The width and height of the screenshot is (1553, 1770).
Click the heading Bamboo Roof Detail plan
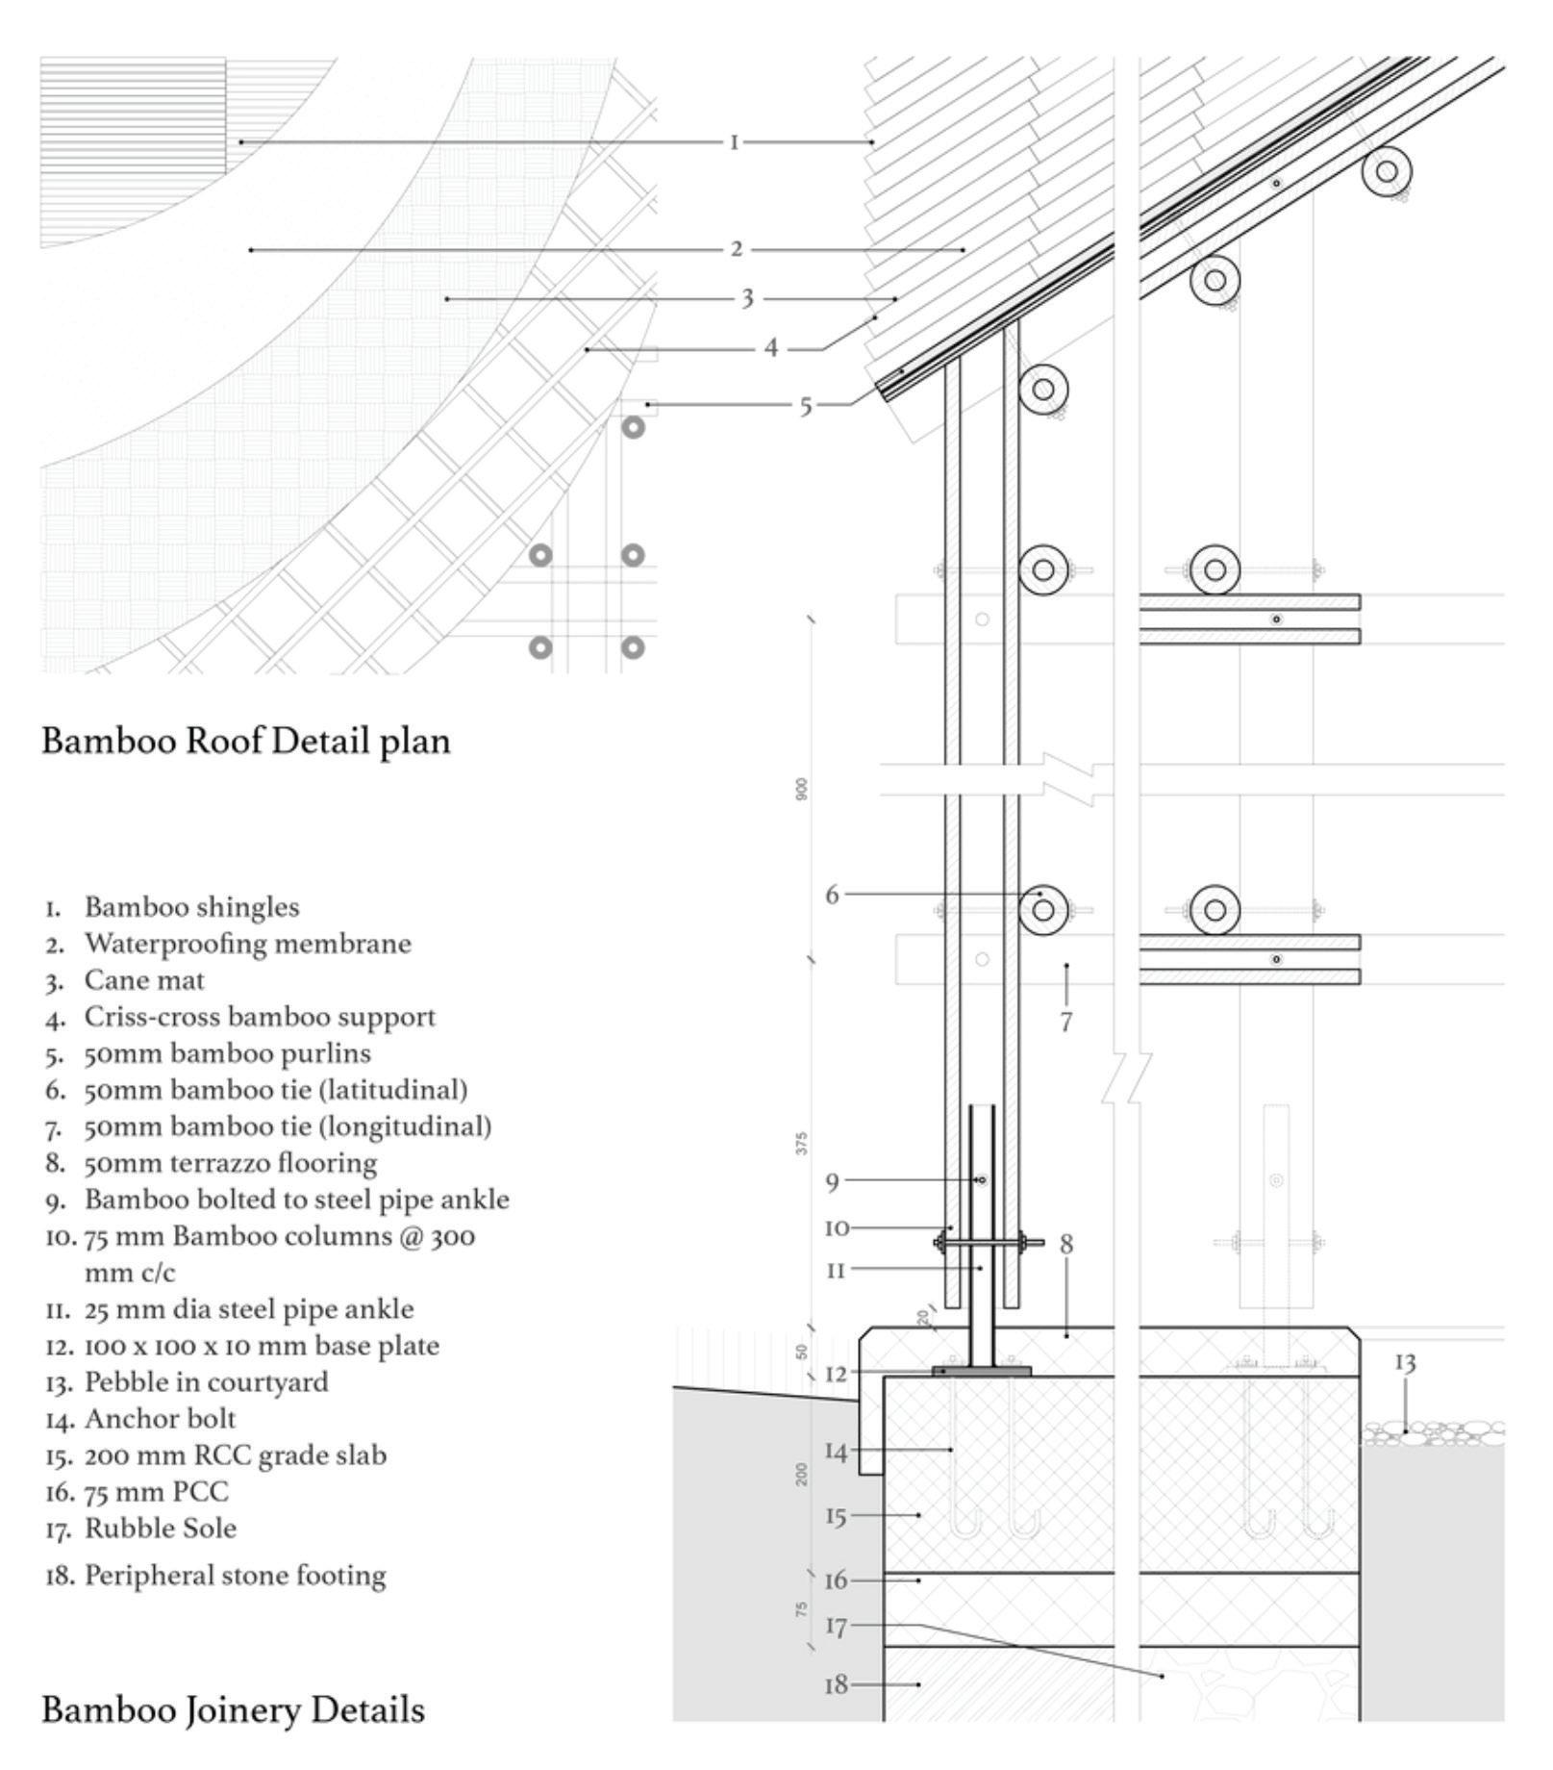click(246, 742)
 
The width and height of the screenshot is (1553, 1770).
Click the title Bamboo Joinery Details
click(233, 1709)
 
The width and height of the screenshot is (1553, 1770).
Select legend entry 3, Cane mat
click(144, 980)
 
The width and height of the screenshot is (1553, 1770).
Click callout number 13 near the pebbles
click(1405, 1362)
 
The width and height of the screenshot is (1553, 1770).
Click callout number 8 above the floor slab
click(1065, 1244)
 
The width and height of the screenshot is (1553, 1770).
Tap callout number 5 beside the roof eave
click(806, 406)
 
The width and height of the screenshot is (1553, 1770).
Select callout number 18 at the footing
click(837, 1684)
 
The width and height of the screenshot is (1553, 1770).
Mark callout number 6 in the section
click(832, 895)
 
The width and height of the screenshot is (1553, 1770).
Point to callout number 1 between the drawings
click(735, 142)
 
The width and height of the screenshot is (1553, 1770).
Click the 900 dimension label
click(802, 789)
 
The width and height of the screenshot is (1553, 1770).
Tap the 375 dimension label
click(802, 1143)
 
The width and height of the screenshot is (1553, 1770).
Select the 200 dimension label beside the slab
click(802, 1474)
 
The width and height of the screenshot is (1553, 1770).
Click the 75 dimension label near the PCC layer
click(802, 1608)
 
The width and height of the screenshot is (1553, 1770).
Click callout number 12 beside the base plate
click(837, 1374)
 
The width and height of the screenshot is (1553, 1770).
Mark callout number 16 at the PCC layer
click(837, 1580)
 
